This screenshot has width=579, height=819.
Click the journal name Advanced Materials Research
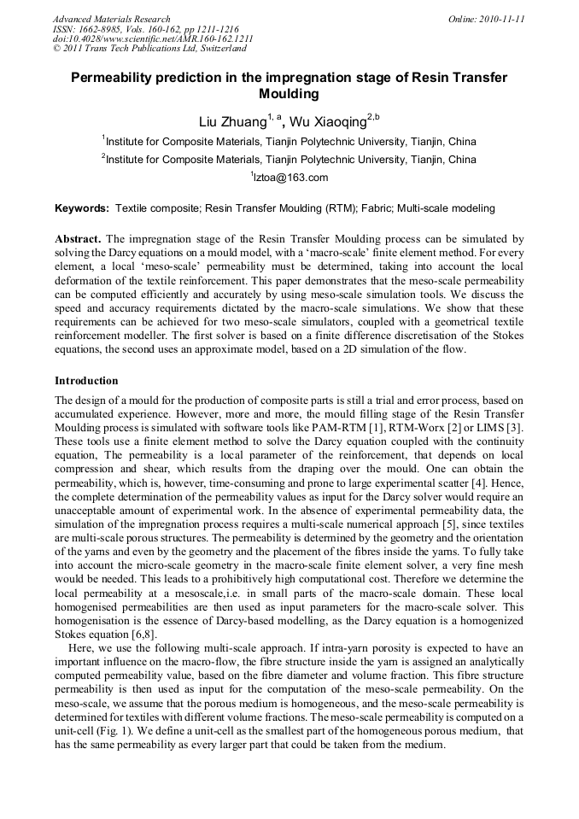coord(111,19)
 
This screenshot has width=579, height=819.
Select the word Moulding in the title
coord(289,94)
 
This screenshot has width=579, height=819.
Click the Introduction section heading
coord(86,380)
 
